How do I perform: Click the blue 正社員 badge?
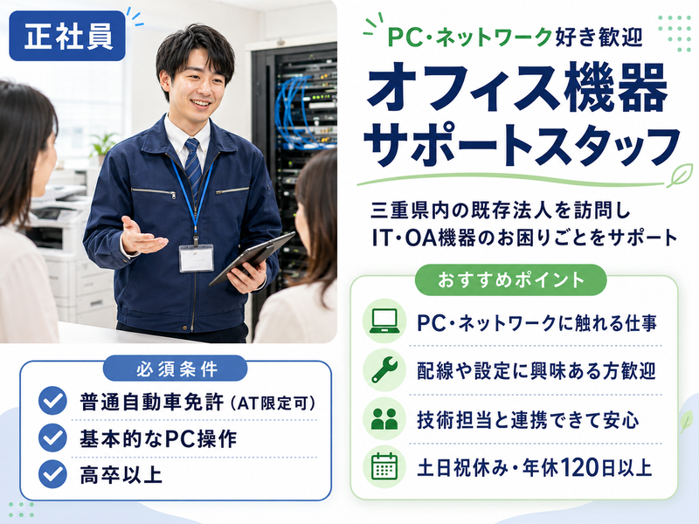click(x=67, y=36)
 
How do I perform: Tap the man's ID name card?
click(x=196, y=258)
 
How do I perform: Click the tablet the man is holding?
click(x=251, y=258)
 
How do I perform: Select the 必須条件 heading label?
click(x=176, y=369)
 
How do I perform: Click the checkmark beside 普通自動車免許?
click(x=52, y=401)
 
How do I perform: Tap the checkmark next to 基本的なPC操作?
click(x=52, y=438)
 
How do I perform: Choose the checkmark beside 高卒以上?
click(x=52, y=473)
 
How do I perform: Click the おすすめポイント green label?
click(x=510, y=280)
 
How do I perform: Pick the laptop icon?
click(x=384, y=321)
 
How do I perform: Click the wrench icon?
click(x=384, y=369)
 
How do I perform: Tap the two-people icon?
click(x=384, y=419)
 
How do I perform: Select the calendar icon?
click(x=384, y=466)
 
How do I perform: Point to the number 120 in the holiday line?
click(x=578, y=468)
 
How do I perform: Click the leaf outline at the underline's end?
click(x=680, y=176)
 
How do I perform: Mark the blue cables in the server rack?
click(x=294, y=112)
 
